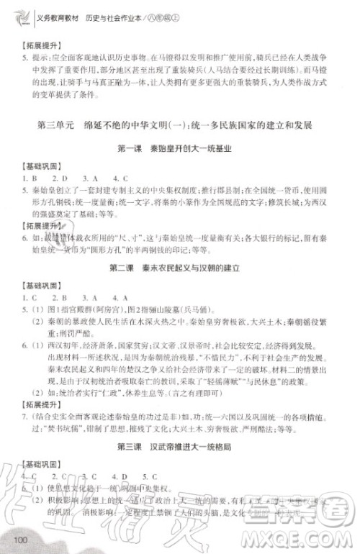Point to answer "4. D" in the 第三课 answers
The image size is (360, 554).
(120, 476)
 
